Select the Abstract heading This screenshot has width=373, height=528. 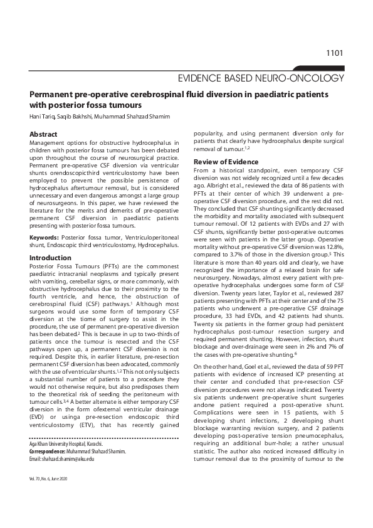pyautogui.click(x=44, y=134)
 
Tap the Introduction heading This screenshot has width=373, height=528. pyautogui.click(x=51, y=258)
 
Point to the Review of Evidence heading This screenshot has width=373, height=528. pyautogui.click(x=226, y=162)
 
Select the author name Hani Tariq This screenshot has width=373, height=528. pyautogui.click(x=44, y=117)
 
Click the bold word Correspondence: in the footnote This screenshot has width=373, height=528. pyautogui.click(x=51, y=468)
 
